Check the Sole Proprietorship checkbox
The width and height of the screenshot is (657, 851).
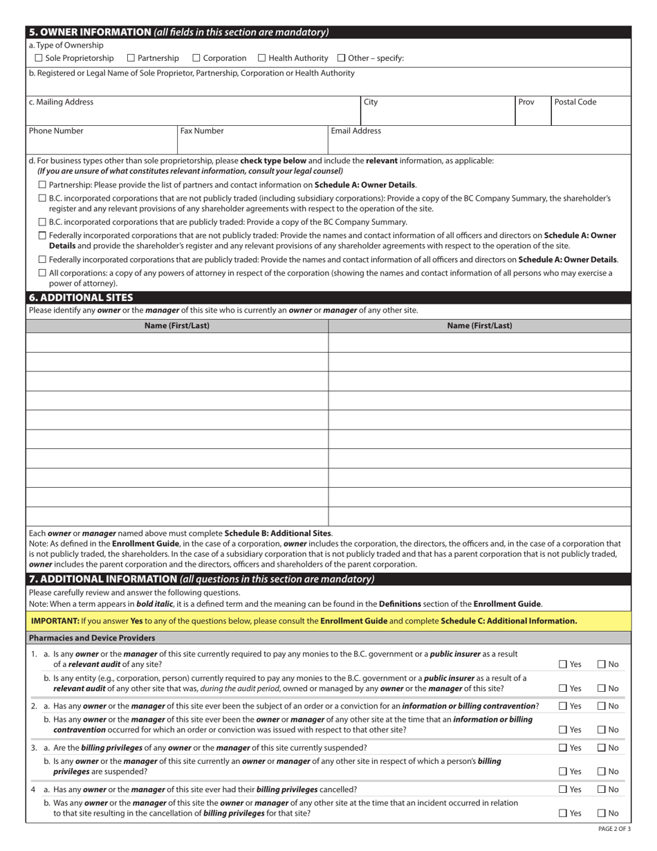point(39,58)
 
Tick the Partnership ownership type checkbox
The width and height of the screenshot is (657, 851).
point(131,58)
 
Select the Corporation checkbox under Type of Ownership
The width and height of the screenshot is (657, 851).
point(196,58)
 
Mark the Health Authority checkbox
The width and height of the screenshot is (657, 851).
point(262,58)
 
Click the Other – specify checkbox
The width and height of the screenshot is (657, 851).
point(342,58)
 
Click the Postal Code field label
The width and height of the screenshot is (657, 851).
point(575,102)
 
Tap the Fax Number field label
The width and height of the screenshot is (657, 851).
point(202,131)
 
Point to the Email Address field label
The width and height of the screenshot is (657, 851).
point(355,131)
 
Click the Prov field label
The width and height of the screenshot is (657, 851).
point(526,102)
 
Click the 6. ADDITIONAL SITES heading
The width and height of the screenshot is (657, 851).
point(81,298)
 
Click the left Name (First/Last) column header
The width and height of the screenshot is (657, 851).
point(177,325)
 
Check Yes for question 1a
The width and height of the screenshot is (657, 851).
point(563,664)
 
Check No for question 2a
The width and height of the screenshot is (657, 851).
point(602,706)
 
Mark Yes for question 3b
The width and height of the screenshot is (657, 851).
point(563,771)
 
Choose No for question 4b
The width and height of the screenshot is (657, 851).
point(602,814)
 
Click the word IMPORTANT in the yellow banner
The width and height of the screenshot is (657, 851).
point(55,621)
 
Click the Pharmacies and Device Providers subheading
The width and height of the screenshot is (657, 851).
point(92,638)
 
